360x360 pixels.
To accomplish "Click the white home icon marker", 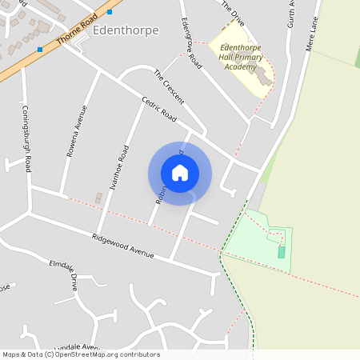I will tap(180, 173).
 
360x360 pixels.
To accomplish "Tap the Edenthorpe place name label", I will tap(126, 30).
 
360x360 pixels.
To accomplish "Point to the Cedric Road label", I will tap(158, 109).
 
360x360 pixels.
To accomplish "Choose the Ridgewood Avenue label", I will tap(122, 246).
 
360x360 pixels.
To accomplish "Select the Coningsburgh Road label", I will tap(26, 139).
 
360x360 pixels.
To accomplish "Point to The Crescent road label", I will tap(169, 86).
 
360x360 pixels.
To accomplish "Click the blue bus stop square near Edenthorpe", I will tap(110, 12).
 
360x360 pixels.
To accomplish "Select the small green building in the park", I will tap(281, 252).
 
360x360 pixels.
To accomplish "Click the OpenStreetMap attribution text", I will tap(81, 354).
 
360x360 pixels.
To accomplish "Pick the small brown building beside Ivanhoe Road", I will tap(98, 198).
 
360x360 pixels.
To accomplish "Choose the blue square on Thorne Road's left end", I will tap(39, 50).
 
